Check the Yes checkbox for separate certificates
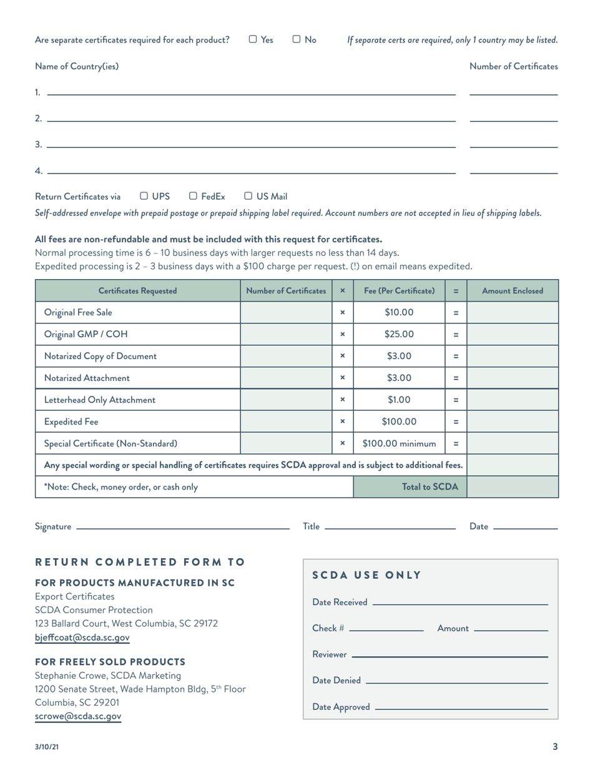(253, 40)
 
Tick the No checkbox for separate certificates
(296, 40)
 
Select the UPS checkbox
(144, 196)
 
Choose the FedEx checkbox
(194, 196)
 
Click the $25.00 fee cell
(399, 334)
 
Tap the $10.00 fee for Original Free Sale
(399, 312)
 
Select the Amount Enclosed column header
(512, 290)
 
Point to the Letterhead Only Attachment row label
(100, 400)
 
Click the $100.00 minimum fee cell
(399, 443)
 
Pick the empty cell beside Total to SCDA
(512, 487)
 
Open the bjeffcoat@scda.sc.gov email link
(82, 638)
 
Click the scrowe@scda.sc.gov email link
(78, 716)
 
